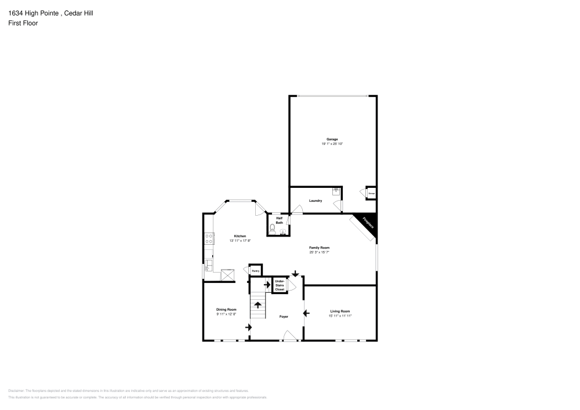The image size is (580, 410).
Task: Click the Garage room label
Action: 332,139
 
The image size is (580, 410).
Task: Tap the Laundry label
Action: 316,201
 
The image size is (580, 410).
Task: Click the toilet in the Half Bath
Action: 273,229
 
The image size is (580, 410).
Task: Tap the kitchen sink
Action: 208,266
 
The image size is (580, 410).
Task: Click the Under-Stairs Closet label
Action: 280,284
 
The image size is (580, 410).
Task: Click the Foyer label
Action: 284,317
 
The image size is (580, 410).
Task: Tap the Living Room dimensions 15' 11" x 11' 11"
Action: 340,315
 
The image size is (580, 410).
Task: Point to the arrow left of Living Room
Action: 307,314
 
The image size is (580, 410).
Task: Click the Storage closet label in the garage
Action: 371,193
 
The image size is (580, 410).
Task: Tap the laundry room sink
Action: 336,190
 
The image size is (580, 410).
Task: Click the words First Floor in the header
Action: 23,23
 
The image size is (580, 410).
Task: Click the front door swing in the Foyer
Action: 288,335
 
